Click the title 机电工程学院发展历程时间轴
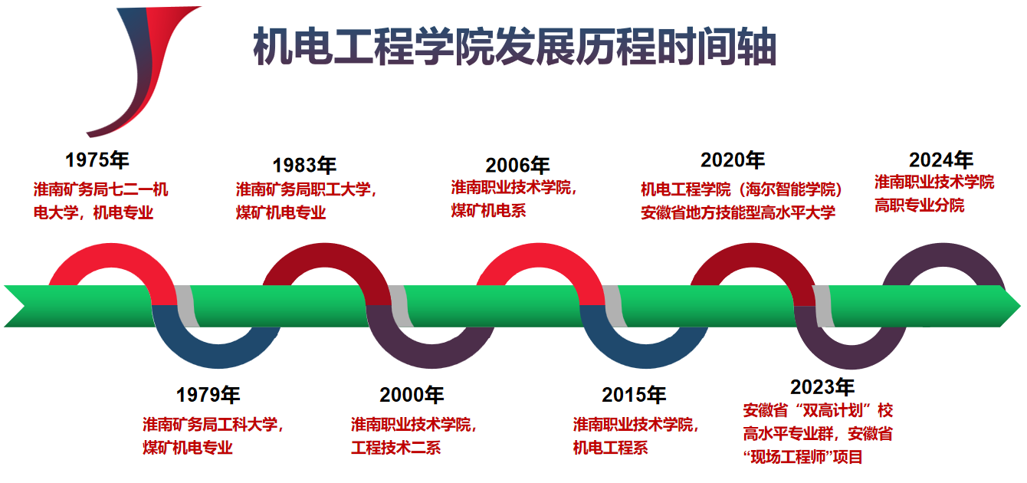(514, 46)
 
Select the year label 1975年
(97, 160)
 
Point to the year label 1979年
(208, 395)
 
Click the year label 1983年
(304, 166)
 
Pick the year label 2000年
(412, 395)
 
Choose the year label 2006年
(517, 166)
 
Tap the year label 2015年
(634, 395)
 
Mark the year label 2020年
(733, 160)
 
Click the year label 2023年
(822, 387)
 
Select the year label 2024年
(941, 160)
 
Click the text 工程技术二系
(396, 448)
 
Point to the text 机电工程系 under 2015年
(611, 448)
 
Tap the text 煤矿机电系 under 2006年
(489, 211)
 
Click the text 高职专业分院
(920, 205)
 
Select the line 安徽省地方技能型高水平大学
(738, 213)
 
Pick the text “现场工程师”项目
(802, 457)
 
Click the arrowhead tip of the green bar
(1021, 306)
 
